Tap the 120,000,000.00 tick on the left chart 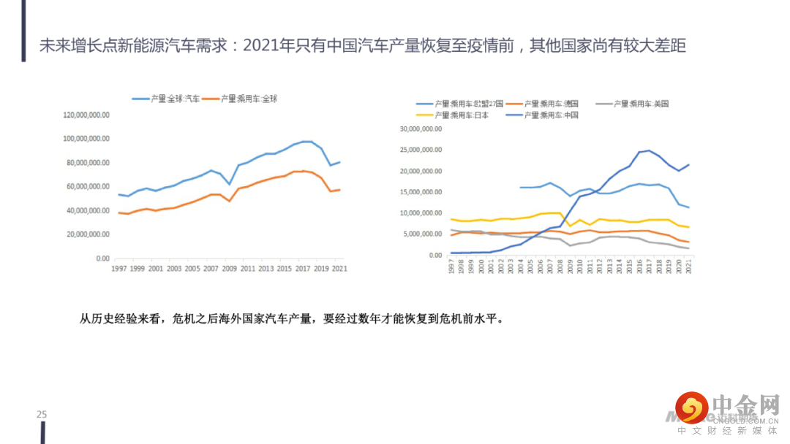tap(87, 115)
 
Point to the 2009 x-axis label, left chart tap(230, 269)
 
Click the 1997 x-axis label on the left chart tap(118, 269)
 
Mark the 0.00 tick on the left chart tap(102, 259)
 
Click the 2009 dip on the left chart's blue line tap(230, 184)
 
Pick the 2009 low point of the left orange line tap(230, 201)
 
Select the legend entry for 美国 tap(642, 104)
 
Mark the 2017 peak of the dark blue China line tap(649, 150)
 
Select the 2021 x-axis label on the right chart tap(688, 268)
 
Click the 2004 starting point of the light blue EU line tap(520, 188)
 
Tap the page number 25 tap(42, 415)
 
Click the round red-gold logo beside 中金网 tap(691, 407)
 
